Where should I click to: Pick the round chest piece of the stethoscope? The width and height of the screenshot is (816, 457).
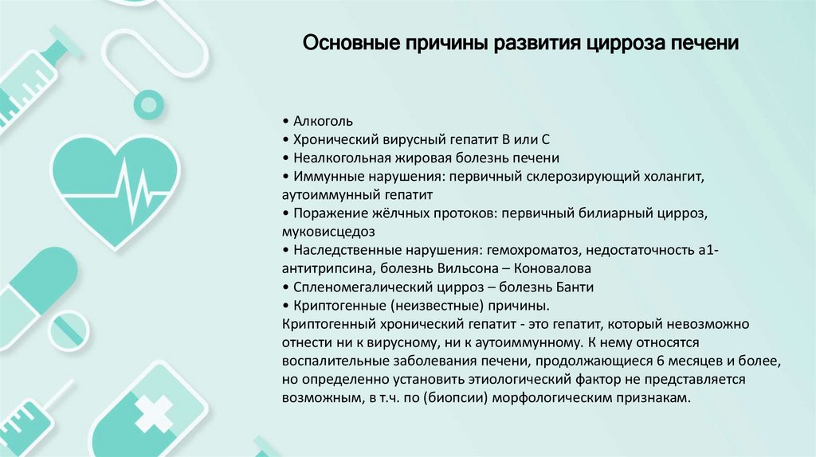[x=147, y=103]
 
